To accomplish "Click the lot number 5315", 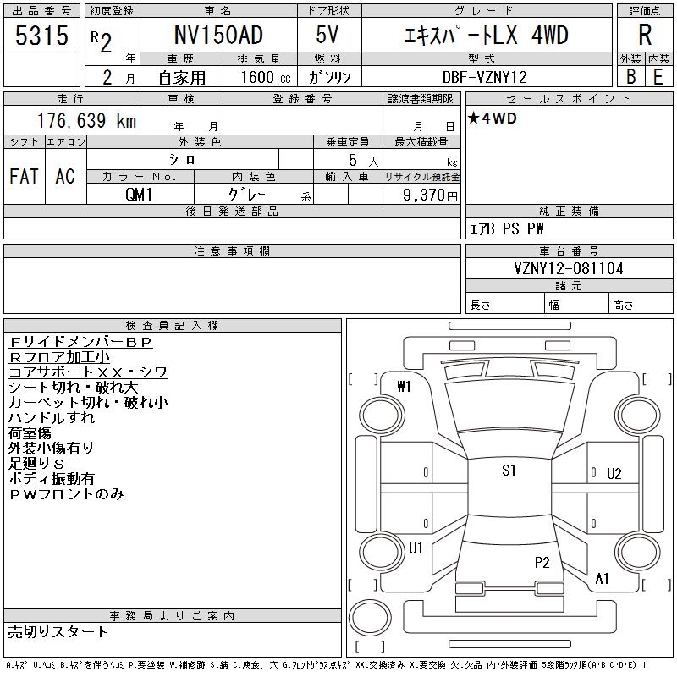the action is (42, 36).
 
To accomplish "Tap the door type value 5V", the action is (328, 36).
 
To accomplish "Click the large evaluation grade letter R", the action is (645, 36).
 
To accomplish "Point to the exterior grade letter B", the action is (630, 76).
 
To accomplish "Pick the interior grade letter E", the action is (658, 76).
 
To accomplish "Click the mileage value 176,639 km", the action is (85, 121).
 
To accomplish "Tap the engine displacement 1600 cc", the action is (265, 77).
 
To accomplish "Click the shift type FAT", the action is (24, 176).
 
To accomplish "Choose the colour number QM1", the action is (140, 195).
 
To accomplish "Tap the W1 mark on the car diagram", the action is (404, 387).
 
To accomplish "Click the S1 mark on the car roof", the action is (509, 471).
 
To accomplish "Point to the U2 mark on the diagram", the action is (614, 474).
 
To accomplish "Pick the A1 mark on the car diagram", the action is (603, 579).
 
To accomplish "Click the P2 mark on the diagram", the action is (542, 562).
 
